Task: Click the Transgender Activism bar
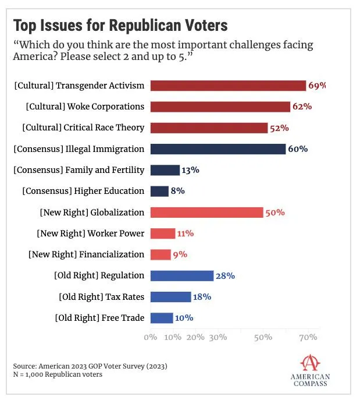pos(228,86)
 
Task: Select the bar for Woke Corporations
pos(220,107)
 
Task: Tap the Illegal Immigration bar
pos(218,149)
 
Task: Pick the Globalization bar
pos(206,213)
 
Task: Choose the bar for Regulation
pos(181,275)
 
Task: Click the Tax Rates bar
pos(170,297)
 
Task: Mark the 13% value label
pos(191,170)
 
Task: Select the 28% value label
pos(224,275)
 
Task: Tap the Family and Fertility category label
pos(79,170)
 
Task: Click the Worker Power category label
pos(90,233)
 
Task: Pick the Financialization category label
pos(86,254)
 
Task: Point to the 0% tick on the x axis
pos(151,337)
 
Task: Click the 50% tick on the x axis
pos(263,337)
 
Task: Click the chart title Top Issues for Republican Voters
pos(120,26)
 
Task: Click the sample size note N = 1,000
pos(58,374)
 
